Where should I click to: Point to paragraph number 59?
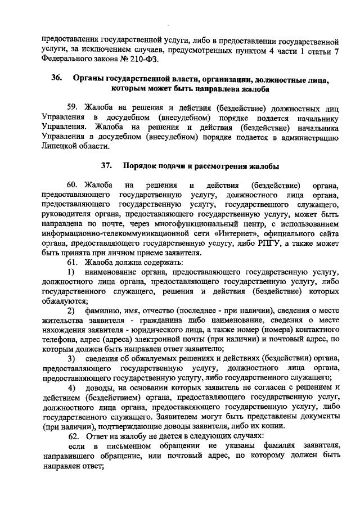73,108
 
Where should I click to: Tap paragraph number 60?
73,185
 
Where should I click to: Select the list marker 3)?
71,358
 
